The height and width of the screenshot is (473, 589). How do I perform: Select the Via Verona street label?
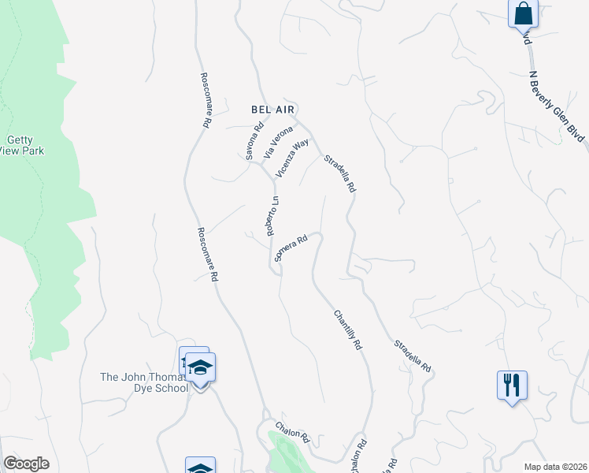[278, 142]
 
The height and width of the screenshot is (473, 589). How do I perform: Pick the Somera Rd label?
[289, 249]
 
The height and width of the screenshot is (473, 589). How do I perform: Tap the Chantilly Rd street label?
[346, 330]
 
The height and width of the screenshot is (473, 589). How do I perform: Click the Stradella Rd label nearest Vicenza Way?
[341, 174]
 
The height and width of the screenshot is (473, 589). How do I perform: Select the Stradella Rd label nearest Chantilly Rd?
[413, 356]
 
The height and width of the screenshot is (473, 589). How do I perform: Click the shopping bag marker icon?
[522, 14]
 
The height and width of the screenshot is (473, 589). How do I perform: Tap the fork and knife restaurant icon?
[512, 385]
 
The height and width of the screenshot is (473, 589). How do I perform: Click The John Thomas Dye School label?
[144, 382]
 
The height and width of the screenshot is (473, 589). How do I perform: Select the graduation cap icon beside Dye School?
[200, 367]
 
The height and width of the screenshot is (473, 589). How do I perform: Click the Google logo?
[26, 464]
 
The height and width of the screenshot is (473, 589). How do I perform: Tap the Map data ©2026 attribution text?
[555, 467]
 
